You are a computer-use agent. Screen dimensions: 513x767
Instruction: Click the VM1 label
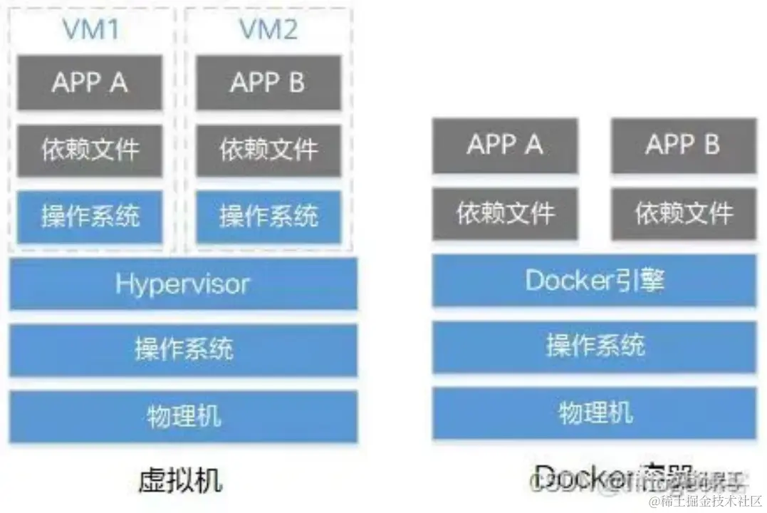pos(90,29)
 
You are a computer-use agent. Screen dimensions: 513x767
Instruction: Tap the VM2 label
pos(268,29)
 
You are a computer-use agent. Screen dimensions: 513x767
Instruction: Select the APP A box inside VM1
pos(90,83)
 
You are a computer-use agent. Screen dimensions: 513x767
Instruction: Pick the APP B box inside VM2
pos(268,83)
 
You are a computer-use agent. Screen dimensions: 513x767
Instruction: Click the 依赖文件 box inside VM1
pos(90,150)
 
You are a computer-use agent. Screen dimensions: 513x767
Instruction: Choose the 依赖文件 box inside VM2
pos(268,150)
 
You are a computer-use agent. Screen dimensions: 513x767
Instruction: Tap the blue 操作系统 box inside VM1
pos(90,216)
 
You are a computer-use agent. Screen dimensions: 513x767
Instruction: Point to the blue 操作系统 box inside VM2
pos(268,216)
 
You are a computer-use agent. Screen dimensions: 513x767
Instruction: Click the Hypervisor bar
pos(183,284)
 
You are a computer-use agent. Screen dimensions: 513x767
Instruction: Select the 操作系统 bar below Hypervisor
pos(183,349)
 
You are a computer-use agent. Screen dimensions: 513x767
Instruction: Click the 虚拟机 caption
pos(179,480)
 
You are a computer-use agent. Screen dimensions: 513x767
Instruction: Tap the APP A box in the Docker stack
pos(505,145)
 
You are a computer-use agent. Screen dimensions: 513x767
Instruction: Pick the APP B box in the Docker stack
pos(683,145)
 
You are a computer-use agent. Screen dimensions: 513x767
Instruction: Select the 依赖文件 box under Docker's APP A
pos(505,212)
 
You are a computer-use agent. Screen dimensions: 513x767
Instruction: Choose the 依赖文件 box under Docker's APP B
pos(683,212)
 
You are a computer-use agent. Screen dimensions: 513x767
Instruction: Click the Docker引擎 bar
pos(594,280)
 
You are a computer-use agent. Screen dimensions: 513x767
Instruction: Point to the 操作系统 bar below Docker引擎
pos(594,346)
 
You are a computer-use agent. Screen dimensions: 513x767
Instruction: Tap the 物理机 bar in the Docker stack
pos(594,413)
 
